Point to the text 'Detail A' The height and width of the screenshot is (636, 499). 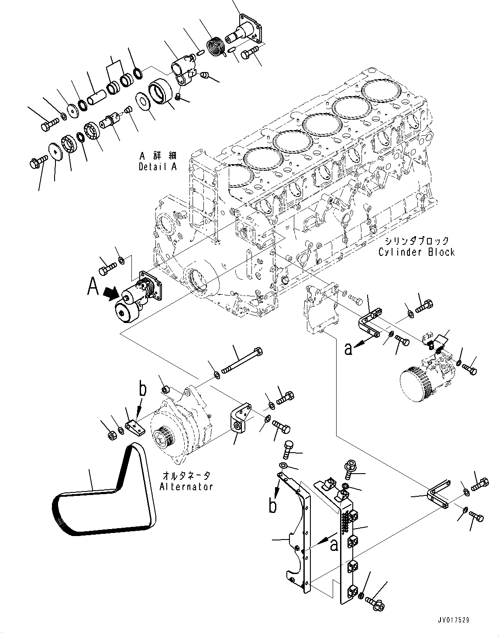158,167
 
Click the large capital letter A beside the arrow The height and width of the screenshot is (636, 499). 93,287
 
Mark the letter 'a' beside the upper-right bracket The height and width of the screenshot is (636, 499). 348,350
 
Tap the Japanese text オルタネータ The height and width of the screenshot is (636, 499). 186,475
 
